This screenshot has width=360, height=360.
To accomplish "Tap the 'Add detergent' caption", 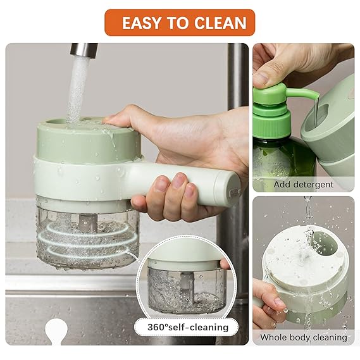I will point(303,184).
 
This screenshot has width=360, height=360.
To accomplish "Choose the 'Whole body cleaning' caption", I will point(303,337).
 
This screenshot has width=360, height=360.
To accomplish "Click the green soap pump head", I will point(278,101).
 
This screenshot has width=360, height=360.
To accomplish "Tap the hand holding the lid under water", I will point(269,304).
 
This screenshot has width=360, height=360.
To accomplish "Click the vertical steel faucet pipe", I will point(238,95).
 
